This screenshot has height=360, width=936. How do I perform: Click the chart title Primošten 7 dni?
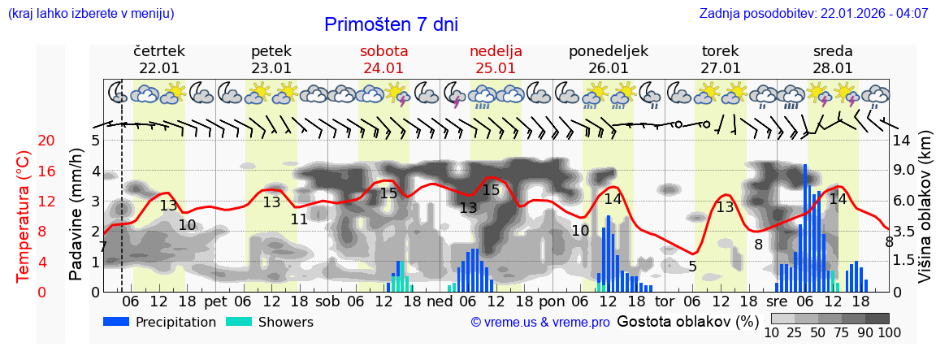(x=391, y=24)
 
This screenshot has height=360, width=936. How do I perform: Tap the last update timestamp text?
(x=813, y=13)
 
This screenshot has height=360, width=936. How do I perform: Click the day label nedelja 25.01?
(x=496, y=59)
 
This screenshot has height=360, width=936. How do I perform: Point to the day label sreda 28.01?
(x=833, y=59)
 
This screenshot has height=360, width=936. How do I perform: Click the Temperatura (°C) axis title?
(x=24, y=216)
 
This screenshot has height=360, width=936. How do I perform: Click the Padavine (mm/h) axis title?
(x=76, y=215)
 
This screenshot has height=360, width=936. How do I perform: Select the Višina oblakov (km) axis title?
(x=925, y=215)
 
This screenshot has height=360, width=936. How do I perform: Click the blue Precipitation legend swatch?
(x=117, y=322)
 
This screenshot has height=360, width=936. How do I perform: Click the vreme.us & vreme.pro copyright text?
(x=540, y=323)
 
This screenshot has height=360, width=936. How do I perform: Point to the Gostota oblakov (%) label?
(x=688, y=321)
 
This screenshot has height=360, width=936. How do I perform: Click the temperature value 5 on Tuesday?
(x=692, y=267)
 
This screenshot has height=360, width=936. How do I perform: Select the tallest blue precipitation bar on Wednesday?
(x=805, y=228)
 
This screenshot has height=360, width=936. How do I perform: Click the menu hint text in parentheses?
(x=90, y=13)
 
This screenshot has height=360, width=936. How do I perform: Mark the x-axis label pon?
(x=551, y=301)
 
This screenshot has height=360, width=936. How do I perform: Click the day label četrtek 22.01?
(x=159, y=59)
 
